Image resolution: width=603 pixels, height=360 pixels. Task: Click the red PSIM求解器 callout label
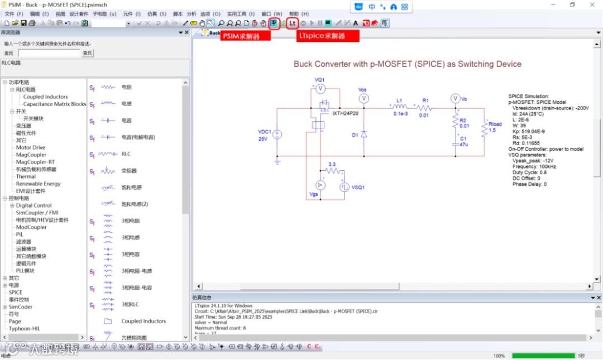[245, 36]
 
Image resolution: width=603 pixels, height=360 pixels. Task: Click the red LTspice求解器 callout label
[327, 36]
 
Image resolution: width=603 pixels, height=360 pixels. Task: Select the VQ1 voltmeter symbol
[320, 89]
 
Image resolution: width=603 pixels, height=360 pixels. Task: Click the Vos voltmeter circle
[363, 98]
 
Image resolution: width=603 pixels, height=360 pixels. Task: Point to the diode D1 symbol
[363, 134]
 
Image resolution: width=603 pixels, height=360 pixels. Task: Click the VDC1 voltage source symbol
[277, 135]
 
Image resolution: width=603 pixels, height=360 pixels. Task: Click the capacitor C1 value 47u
[463, 144]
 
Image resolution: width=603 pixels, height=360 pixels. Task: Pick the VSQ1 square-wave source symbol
[345, 186]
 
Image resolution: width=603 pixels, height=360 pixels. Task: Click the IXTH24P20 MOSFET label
[345, 113]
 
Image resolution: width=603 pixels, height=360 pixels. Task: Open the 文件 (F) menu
[13, 13]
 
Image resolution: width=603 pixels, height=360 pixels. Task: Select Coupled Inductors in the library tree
[45, 97]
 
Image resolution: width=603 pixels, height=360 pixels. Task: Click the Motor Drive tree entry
[31, 147]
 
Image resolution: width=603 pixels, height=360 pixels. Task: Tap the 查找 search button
[88, 53]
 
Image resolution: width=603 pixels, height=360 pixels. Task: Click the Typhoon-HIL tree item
[24, 329]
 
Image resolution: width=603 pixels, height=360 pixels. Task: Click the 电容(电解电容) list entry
[138, 137]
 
